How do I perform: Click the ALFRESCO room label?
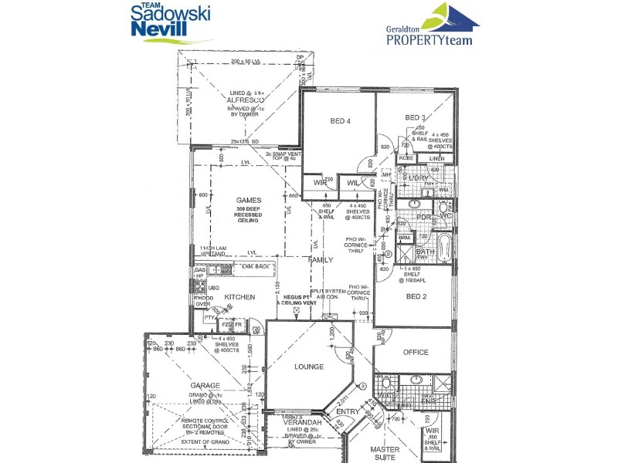(246, 100)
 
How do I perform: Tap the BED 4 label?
(341, 120)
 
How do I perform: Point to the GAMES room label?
(250, 200)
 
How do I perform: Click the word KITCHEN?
(239, 296)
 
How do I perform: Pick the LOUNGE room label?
(309, 367)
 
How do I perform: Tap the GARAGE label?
(205, 385)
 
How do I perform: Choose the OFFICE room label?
(416, 353)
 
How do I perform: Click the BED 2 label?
(417, 296)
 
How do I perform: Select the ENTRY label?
(347, 413)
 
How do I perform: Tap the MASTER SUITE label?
(384, 453)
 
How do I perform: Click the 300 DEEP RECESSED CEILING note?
(250, 215)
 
